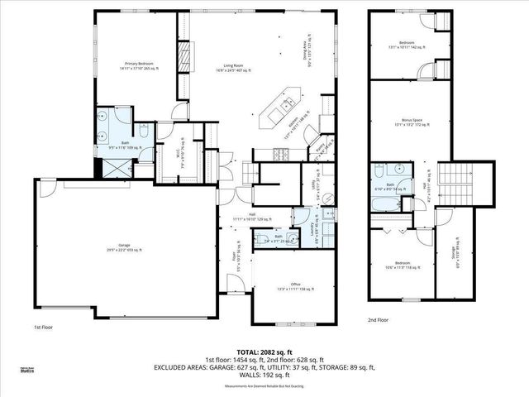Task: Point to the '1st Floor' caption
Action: pos(45,328)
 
